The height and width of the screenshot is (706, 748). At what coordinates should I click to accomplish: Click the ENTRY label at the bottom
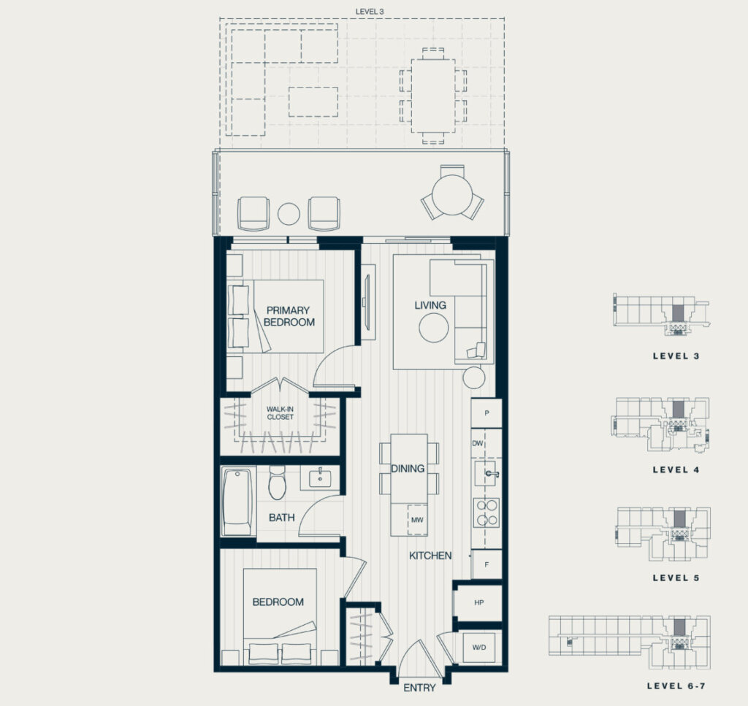tap(419, 688)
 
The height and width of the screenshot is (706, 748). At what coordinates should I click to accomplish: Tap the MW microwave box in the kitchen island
tap(417, 520)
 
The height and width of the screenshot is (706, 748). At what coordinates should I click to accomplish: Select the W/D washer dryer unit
tap(479, 648)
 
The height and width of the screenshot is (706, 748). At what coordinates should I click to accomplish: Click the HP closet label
tap(479, 602)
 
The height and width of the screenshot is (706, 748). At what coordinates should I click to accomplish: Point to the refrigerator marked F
tap(486, 564)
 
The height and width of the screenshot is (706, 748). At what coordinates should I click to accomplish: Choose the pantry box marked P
tap(486, 413)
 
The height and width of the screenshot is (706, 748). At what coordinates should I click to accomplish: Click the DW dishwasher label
tap(478, 443)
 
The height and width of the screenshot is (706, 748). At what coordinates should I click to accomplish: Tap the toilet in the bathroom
tap(277, 483)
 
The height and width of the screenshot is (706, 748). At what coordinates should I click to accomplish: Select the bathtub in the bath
tap(237, 502)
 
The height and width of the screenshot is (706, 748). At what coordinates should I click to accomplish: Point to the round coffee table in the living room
tap(434, 328)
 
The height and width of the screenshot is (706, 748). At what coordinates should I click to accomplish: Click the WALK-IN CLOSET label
tap(280, 413)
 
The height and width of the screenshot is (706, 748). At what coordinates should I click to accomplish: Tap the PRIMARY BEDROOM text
tap(289, 316)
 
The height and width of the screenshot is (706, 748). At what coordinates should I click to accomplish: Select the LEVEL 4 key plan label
tap(676, 469)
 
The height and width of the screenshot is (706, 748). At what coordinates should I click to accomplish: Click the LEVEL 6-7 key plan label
tap(676, 686)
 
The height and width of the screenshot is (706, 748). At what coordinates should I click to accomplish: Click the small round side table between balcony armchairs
tap(289, 214)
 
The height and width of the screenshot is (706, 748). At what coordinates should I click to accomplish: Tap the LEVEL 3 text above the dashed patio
tap(370, 12)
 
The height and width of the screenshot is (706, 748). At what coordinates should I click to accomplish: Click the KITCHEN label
tap(430, 556)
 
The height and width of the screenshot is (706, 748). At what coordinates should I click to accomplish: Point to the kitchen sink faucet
tap(491, 474)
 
